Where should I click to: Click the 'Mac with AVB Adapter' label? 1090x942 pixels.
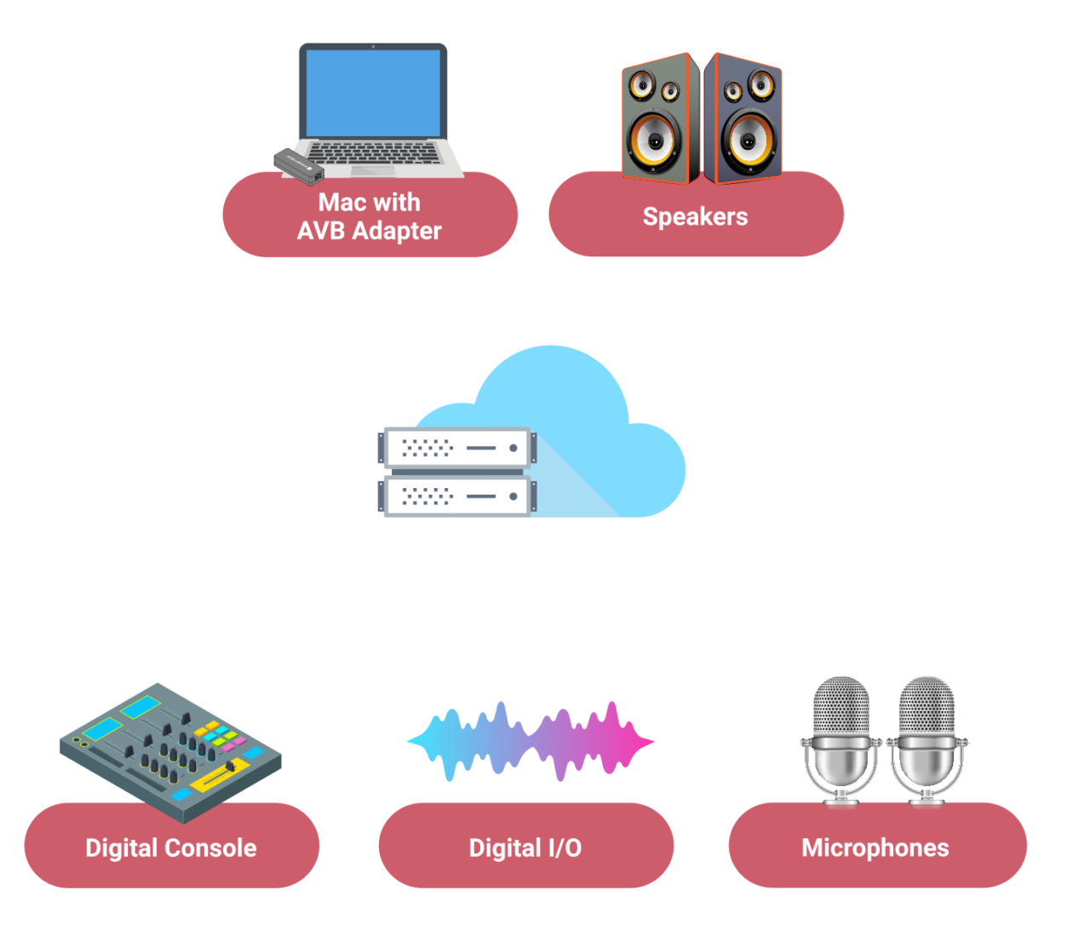[370, 216]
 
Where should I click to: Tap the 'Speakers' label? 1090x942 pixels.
[695, 216]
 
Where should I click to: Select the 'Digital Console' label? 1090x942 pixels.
[171, 847]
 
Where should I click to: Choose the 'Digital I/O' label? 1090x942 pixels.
[525, 847]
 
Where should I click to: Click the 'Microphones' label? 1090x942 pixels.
[875, 847]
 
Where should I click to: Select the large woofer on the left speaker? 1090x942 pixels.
[654, 141]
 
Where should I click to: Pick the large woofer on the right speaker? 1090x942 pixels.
[749, 141]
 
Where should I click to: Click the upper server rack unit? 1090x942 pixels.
[458, 447]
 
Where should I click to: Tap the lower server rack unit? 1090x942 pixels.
[458, 496]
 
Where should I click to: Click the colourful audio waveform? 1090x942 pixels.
[530, 741]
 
